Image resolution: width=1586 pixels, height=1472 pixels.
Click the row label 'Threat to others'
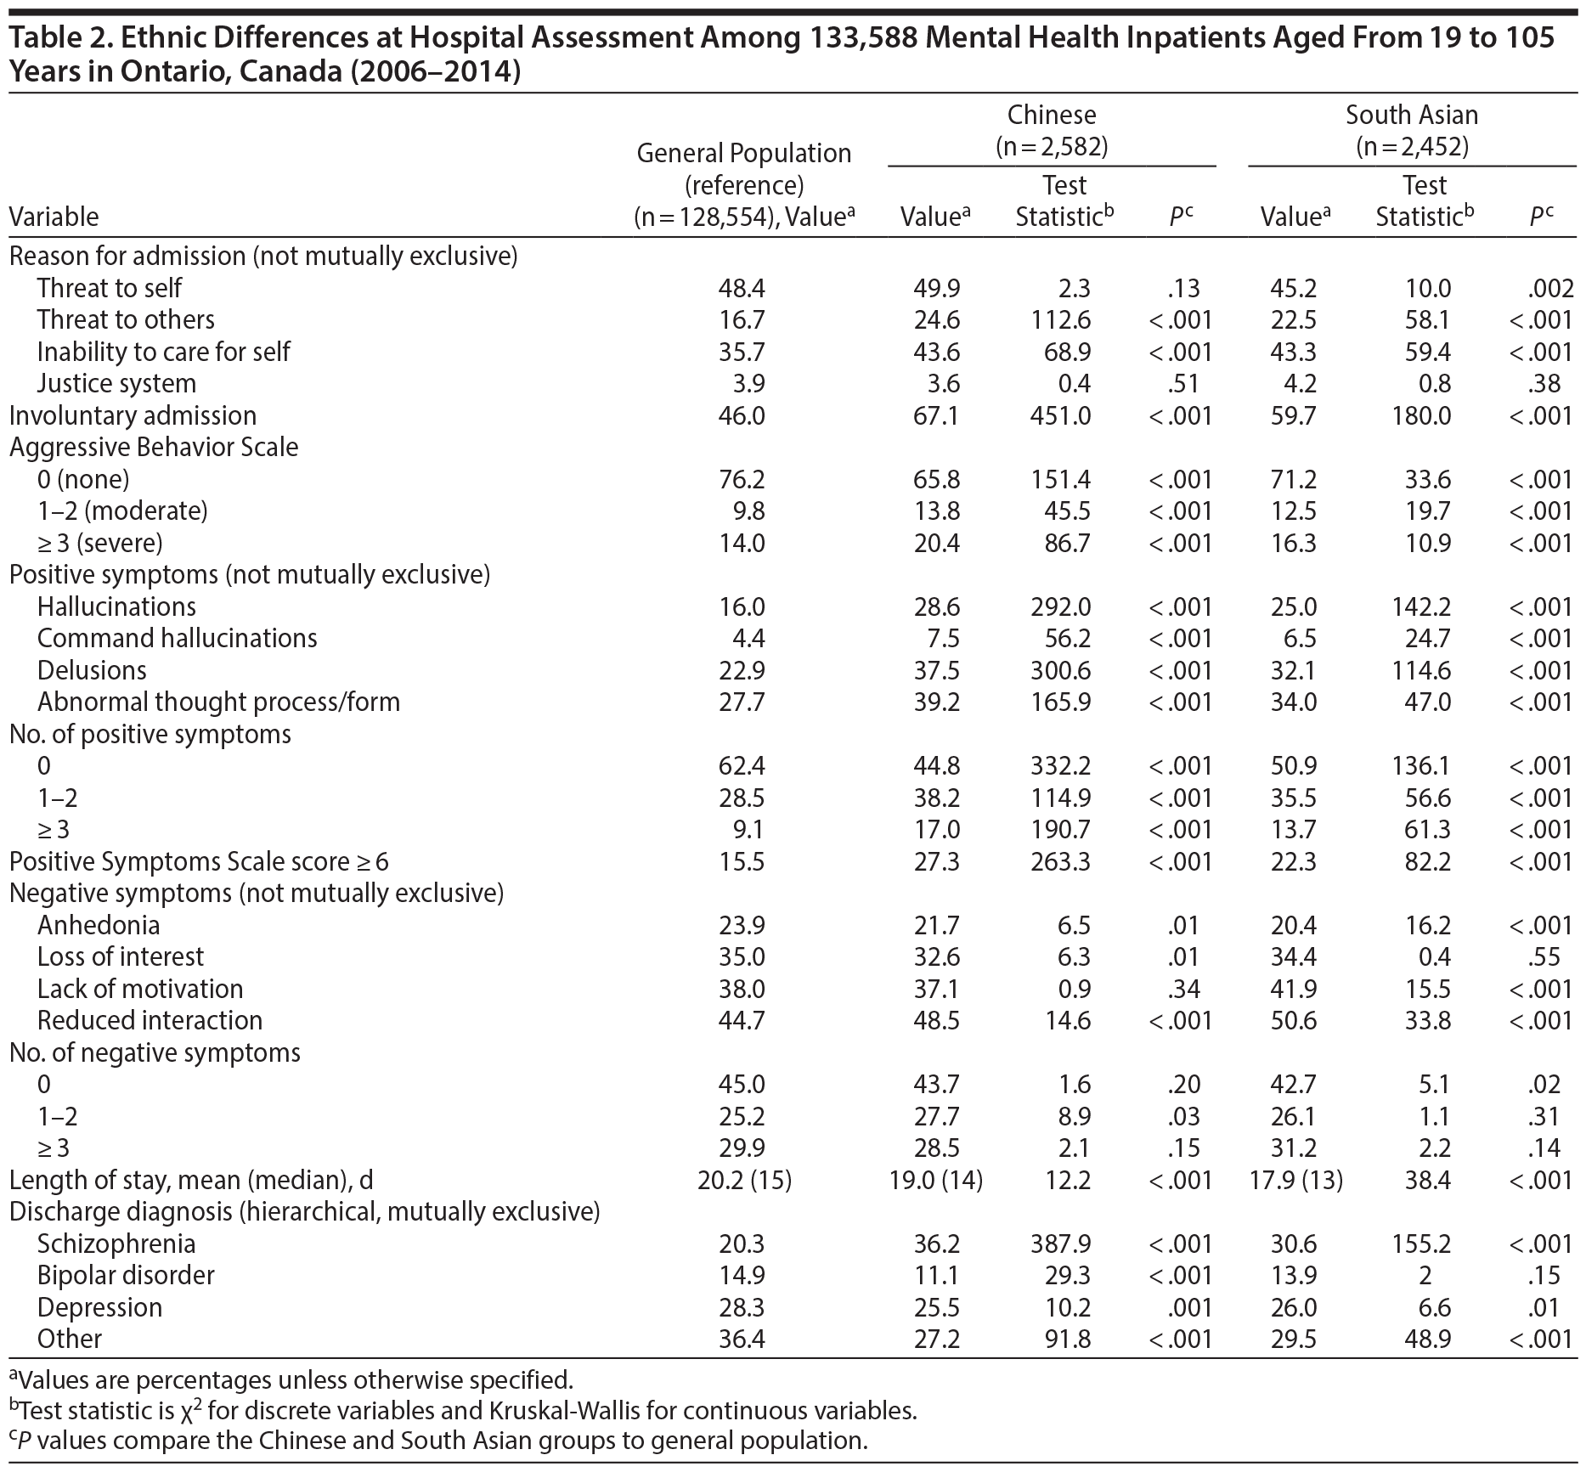coord(126,320)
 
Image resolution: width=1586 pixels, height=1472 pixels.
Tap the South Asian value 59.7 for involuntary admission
coord(1293,416)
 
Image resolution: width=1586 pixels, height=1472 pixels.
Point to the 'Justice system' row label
coord(116,384)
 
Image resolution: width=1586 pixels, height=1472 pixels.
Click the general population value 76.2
coord(742,480)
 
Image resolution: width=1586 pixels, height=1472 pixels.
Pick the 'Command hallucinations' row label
coord(177,639)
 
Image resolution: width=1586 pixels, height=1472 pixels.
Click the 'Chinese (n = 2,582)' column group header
coord(1052,131)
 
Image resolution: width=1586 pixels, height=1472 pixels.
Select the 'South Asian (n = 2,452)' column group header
coord(1412,131)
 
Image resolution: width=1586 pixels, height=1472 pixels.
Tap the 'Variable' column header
coord(54,217)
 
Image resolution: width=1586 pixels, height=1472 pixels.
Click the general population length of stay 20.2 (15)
coord(744,1181)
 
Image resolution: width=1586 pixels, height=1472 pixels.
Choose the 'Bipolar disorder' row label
coord(126,1276)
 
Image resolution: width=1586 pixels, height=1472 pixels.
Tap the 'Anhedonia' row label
coord(99,926)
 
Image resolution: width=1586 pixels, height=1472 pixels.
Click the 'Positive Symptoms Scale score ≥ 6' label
coord(199,862)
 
